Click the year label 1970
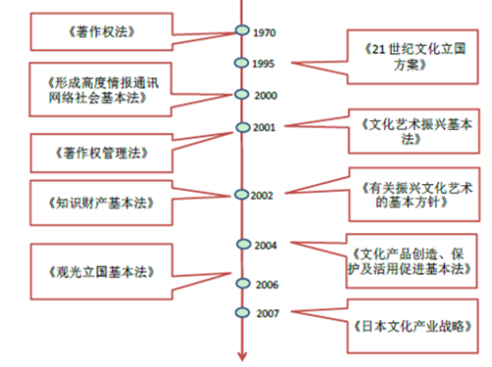[264, 32]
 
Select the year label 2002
[261, 195]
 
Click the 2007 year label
[265, 314]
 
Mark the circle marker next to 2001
[240, 128]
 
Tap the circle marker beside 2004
[240, 243]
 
